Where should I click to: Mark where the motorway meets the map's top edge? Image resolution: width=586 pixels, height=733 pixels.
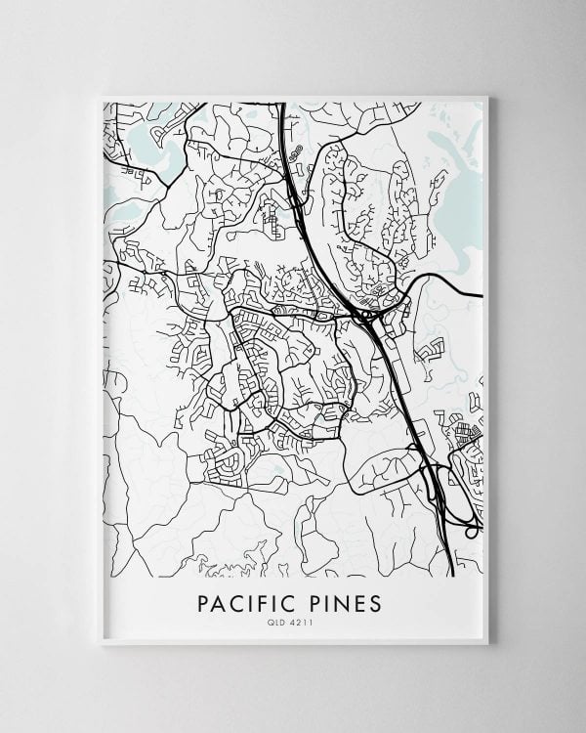click(281, 103)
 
